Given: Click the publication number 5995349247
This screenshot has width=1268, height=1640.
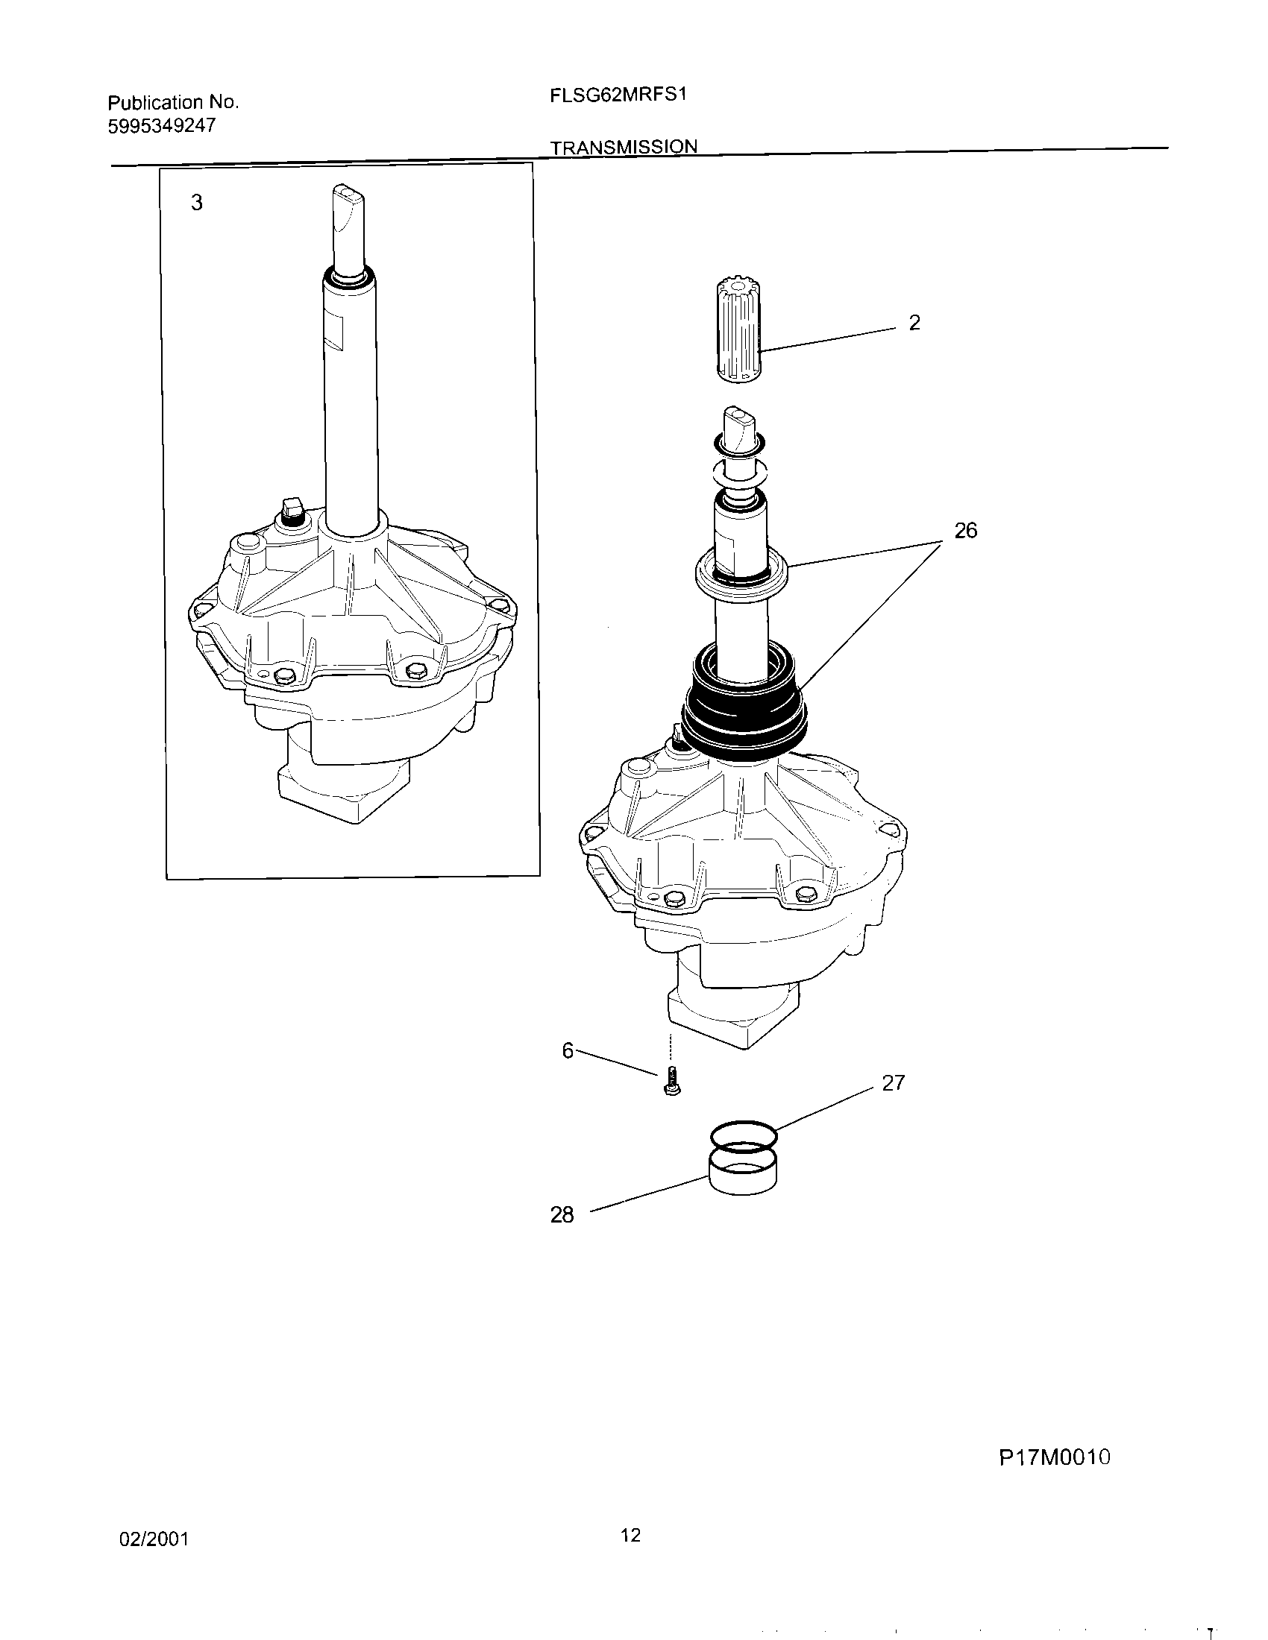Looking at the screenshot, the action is pyautogui.click(x=162, y=126).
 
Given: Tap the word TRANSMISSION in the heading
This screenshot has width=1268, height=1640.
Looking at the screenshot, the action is pyautogui.click(x=624, y=147).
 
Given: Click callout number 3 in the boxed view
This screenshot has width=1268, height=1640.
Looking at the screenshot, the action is pyautogui.click(x=196, y=203).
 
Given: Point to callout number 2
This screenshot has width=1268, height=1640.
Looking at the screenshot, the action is pyautogui.click(x=914, y=323).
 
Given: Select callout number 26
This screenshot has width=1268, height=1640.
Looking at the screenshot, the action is pyautogui.click(x=965, y=531).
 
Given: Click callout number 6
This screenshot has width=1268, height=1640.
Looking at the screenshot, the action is pyautogui.click(x=567, y=1050).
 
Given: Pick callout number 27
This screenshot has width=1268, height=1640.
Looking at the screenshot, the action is pyautogui.click(x=893, y=1083).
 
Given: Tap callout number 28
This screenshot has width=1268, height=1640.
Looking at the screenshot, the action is pyautogui.click(x=562, y=1215).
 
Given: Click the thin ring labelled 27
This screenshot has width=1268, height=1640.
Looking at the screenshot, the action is pyautogui.click(x=742, y=1136).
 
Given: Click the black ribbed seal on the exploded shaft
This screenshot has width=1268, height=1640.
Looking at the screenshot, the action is pyautogui.click(x=744, y=698).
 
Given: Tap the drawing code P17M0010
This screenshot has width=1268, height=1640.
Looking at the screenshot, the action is pyautogui.click(x=1054, y=1457).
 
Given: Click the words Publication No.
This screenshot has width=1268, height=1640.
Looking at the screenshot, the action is pyautogui.click(x=173, y=102).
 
